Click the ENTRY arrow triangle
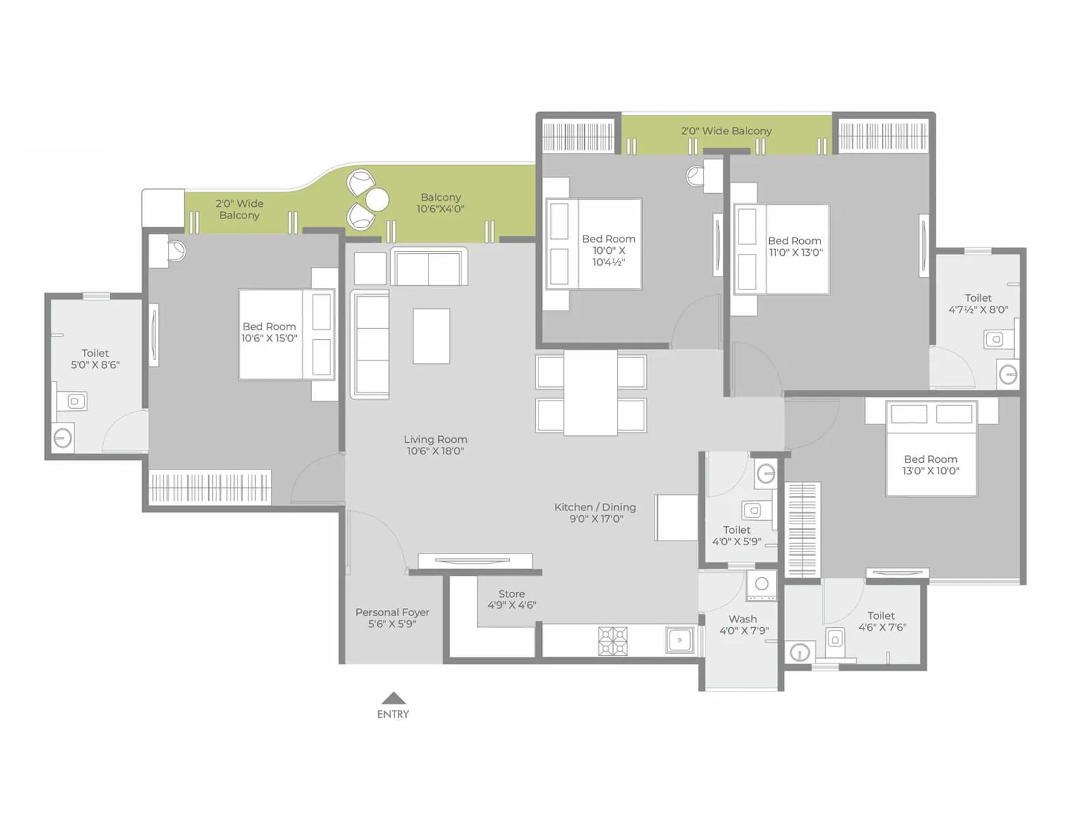click(x=394, y=699)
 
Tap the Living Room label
click(x=435, y=445)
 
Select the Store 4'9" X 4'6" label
click(x=512, y=599)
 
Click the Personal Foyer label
click(x=392, y=618)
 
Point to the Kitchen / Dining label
click(x=595, y=513)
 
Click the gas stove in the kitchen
click(x=613, y=642)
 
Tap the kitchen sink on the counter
click(x=679, y=640)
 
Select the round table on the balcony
click(x=377, y=200)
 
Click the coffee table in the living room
click(x=431, y=336)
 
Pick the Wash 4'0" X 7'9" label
click(x=743, y=624)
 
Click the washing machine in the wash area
click(x=762, y=585)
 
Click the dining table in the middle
click(x=590, y=393)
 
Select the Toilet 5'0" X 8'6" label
click(x=95, y=359)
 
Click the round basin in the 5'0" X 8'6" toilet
click(x=63, y=437)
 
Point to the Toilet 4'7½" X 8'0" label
click(x=978, y=304)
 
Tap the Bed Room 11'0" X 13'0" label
click(x=795, y=246)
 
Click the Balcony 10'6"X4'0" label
click(x=440, y=203)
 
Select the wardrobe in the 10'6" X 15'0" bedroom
click(x=210, y=487)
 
